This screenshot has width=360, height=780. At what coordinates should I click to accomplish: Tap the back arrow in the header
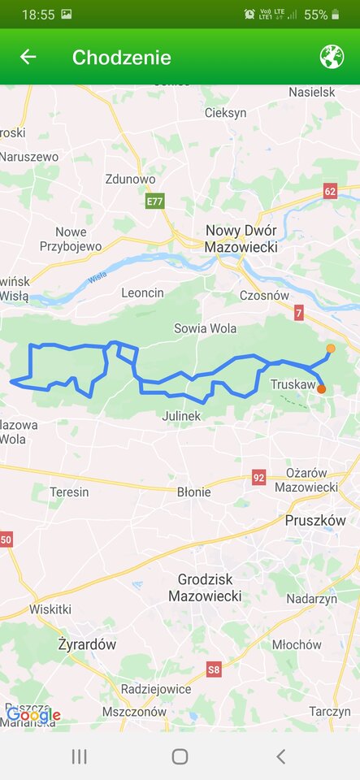coord(28,57)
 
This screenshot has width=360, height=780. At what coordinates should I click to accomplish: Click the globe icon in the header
coord(332,57)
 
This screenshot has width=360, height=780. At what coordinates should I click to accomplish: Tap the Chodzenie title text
coord(121,57)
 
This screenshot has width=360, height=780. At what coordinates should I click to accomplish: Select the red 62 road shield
coord(329,192)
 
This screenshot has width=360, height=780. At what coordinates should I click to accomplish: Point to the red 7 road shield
coord(299,312)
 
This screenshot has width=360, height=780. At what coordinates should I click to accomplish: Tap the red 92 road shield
coord(258,477)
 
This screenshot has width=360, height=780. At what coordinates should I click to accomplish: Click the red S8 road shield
coord(213,669)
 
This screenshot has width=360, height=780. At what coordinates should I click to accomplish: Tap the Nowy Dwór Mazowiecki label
coord(241,239)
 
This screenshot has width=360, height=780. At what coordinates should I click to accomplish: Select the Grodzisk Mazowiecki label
coord(205,588)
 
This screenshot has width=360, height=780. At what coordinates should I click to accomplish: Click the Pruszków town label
coord(315,520)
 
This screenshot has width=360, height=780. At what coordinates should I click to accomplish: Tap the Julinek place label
coord(181,416)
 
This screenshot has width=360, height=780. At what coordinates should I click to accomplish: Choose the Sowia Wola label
coord(205,328)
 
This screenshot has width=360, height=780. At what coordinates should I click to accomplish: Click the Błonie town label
coord(193,492)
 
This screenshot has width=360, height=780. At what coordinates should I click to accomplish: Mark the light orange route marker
coord(331,349)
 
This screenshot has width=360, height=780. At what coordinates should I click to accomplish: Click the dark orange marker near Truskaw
coord(322,389)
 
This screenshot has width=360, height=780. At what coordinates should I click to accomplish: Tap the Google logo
coord(33,715)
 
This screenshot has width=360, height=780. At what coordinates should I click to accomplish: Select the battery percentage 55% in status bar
coord(316,15)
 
